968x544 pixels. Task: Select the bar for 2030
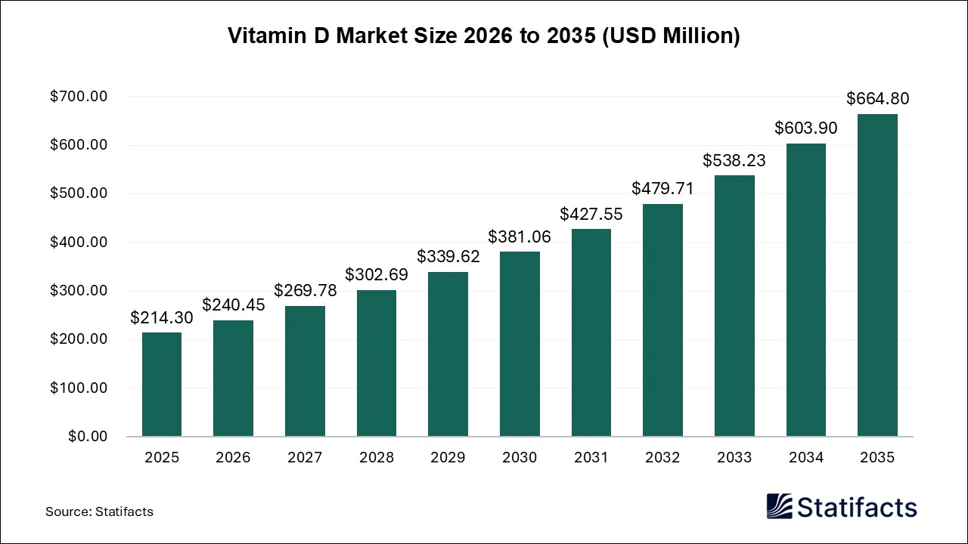[x=520, y=344]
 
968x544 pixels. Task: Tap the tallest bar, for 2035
[x=877, y=275]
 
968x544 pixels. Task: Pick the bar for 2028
[x=377, y=363]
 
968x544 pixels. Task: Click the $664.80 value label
[x=877, y=98]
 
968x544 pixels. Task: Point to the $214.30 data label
[x=162, y=318]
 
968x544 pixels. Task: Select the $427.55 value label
[x=591, y=214]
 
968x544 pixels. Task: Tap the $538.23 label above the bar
[x=734, y=160]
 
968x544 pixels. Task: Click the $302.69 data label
[x=377, y=274]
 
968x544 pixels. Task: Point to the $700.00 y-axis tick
[x=79, y=97]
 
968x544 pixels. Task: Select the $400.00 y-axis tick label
[x=79, y=243]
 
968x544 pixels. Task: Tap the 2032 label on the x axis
[x=662, y=458]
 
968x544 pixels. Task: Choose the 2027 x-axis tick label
[x=305, y=458]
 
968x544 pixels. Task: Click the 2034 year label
[x=805, y=458]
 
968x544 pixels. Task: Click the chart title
[x=484, y=36]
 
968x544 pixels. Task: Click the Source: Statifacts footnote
[x=99, y=512]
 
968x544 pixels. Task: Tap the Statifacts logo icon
[x=779, y=506]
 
